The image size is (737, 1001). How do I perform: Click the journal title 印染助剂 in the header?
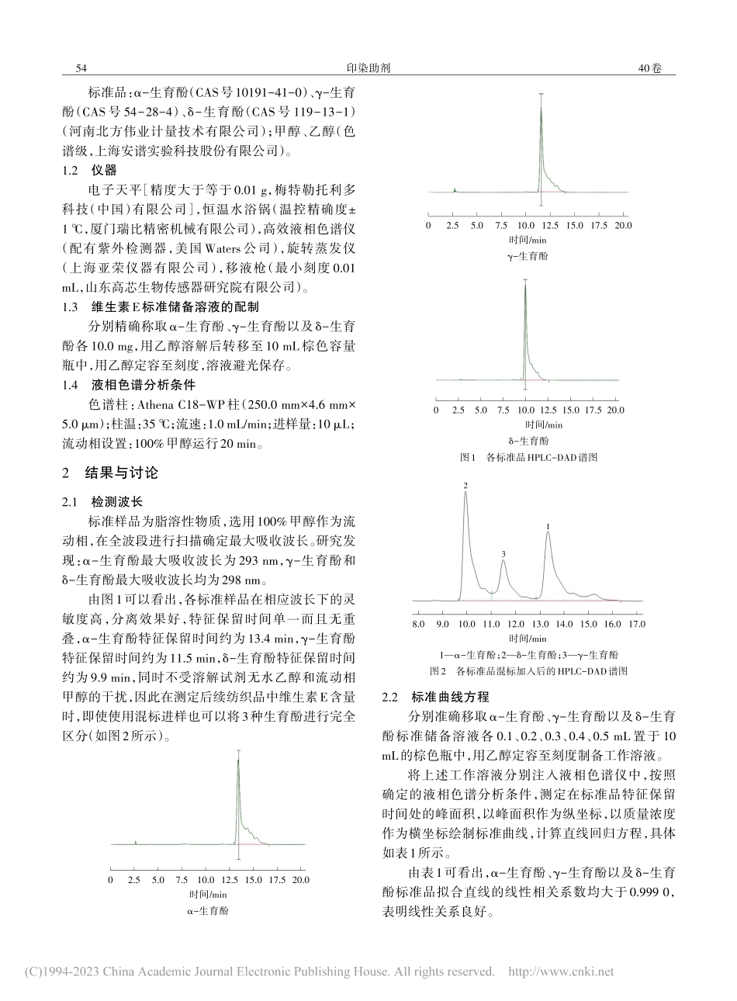tap(369, 68)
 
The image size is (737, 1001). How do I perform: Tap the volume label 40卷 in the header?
tap(649, 68)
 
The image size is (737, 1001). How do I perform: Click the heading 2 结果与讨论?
tap(109, 473)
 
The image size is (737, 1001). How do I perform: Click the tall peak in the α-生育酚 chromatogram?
tap(238, 764)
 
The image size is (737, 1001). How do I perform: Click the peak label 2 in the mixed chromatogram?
tap(465, 486)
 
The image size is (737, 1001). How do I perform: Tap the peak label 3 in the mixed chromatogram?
tap(503, 553)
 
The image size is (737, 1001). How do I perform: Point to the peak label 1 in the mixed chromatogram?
tap(548, 526)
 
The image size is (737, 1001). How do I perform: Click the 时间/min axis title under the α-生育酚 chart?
tap(206, 894)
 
